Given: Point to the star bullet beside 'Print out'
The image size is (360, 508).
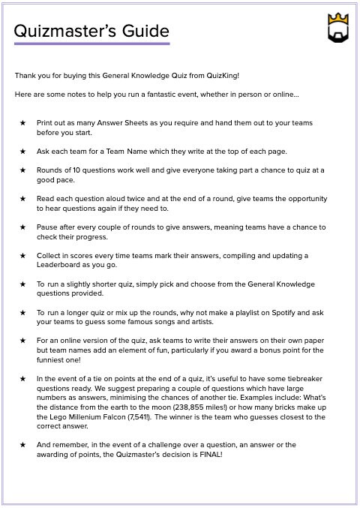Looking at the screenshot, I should tap(22, 122).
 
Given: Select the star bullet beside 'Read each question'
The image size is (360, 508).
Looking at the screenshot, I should tap(22, 199).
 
